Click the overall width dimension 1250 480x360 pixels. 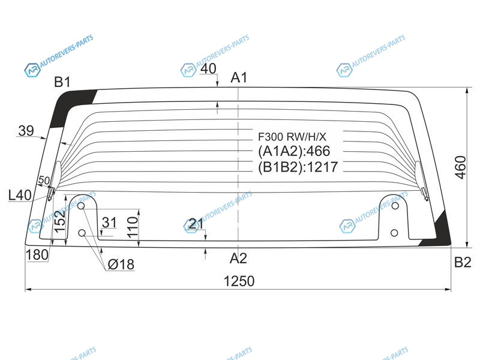(x=239, y=281)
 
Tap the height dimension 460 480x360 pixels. (x=460, y=167)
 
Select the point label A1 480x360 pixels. (x=239, y=77)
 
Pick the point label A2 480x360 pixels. (x=238, y=259)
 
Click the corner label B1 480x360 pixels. (x=62, y=82)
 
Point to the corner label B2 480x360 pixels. (x=463, y=262)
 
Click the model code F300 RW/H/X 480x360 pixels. (x=292, y=137)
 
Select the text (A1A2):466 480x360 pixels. (x=294, y=151)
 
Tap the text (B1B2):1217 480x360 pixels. (x=298, y=167)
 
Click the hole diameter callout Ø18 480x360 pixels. (x=121, y=264)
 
